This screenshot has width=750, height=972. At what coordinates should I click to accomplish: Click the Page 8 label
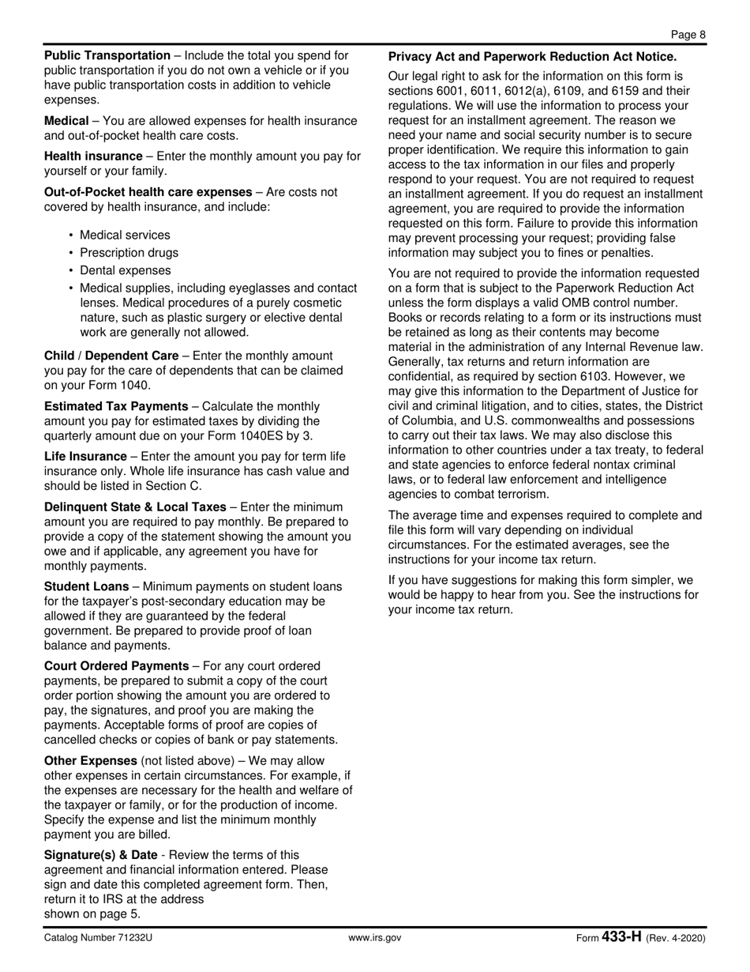(688, 34)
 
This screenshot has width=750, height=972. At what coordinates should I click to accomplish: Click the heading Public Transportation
(107, 56)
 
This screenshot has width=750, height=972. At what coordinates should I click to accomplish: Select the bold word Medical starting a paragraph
(66, 121)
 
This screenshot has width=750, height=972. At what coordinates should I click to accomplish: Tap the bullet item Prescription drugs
(129, 253)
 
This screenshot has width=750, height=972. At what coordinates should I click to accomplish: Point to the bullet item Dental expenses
(125, 270)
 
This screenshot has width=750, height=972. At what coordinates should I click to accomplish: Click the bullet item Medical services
(125, 235)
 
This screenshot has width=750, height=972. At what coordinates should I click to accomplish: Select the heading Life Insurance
(85, 457)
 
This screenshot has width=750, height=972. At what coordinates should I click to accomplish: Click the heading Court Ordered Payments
(116, 666)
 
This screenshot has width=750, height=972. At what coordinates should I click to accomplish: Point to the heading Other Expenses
(91, 761)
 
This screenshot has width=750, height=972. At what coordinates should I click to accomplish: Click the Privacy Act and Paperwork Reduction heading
(532, 57)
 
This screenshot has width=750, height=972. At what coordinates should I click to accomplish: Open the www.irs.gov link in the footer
(375, 938)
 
